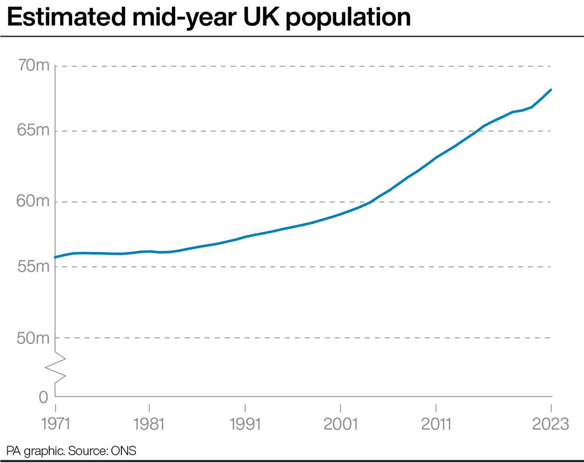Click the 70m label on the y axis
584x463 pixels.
(33, 66)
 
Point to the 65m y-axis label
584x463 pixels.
(33, 130)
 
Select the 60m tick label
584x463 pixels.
(33, 201)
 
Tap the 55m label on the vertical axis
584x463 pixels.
(33, 266)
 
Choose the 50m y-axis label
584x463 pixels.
(33, 338)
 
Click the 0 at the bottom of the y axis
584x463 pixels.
(43, 397)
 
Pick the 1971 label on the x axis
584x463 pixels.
(56, 424)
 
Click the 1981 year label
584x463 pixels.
(149, 424)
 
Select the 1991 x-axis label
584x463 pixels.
(245, 424)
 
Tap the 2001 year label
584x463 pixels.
(340, 424)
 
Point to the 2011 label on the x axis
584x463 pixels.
(436, 424)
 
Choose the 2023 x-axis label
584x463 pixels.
(550, 424)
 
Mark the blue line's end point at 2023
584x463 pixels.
(551, 90)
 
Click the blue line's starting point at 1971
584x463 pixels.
(56, 257)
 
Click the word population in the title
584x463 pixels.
(348, 17)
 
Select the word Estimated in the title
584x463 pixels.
(66, 17)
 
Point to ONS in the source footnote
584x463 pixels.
(124, 451)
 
